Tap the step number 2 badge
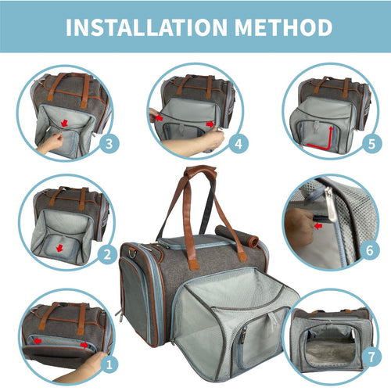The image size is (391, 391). [x=109, y=253]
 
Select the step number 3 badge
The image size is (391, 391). [x=109, y=143]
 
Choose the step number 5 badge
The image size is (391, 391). [x=371, y=143]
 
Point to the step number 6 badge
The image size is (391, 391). [x=371, y=252]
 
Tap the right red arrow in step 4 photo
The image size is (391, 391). [x=210, y=124]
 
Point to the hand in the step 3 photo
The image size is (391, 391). [x=52, y=142]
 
